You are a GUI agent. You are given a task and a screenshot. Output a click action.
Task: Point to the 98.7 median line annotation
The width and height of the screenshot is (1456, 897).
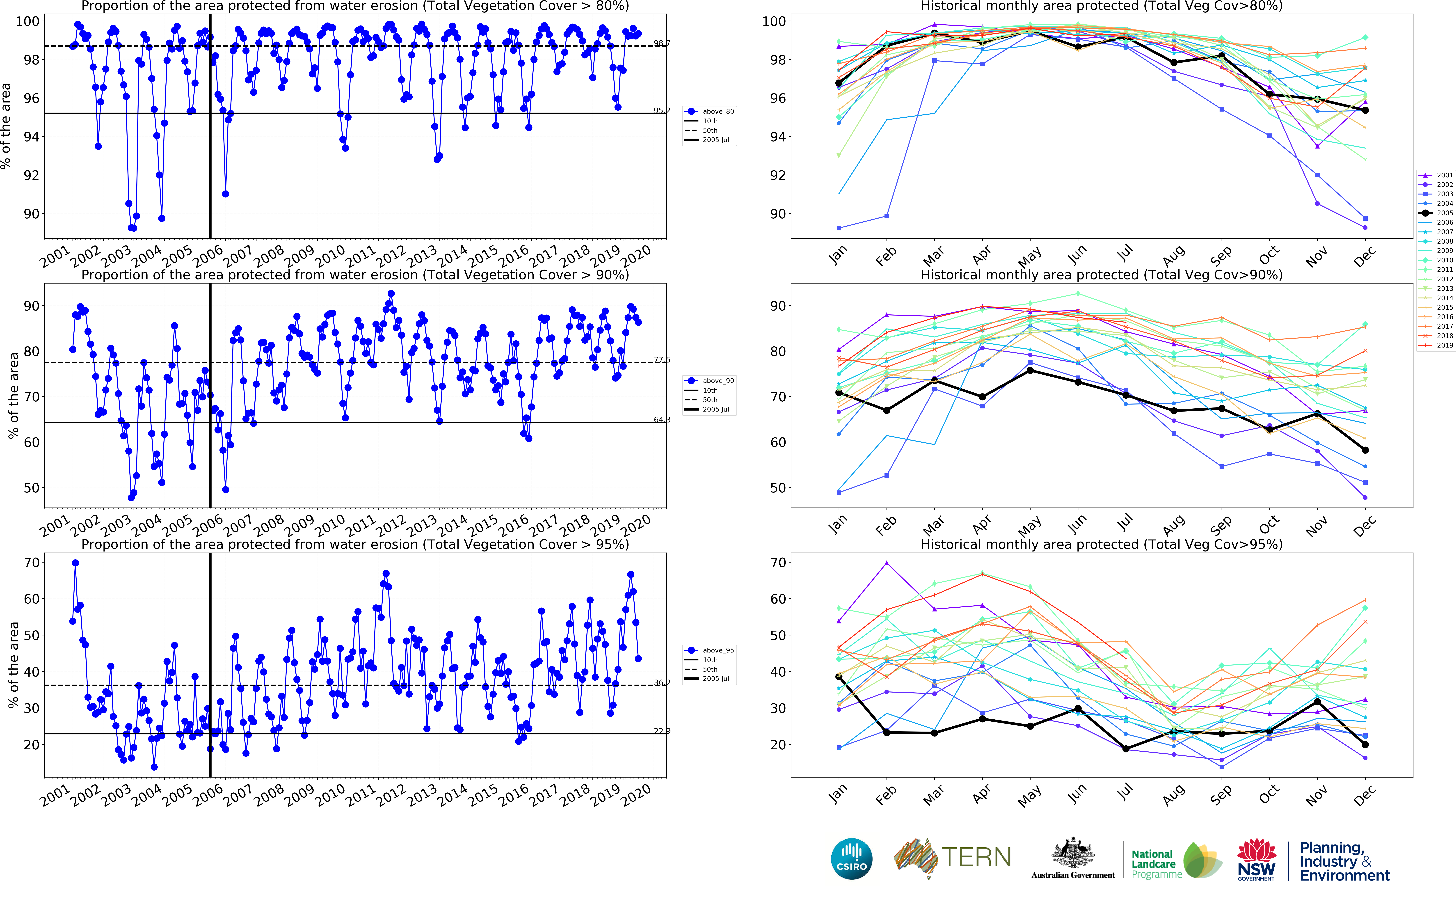tap(662, 43)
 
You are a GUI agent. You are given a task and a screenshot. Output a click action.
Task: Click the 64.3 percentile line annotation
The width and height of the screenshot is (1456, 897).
tap(662, 419)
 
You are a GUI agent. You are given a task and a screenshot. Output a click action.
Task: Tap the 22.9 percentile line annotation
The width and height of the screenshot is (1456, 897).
tap(662, 731)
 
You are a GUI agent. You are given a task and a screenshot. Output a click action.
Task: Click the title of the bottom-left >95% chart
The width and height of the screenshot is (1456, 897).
tap(355, 545)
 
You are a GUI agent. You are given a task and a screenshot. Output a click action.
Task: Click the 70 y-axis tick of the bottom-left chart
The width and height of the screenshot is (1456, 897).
tap(31, 562)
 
